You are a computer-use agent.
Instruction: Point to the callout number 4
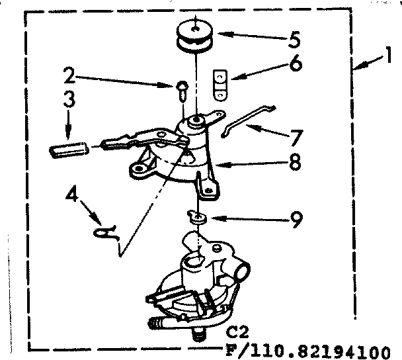tap(73, 197)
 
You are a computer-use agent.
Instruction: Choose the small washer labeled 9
tap(196, 216)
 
